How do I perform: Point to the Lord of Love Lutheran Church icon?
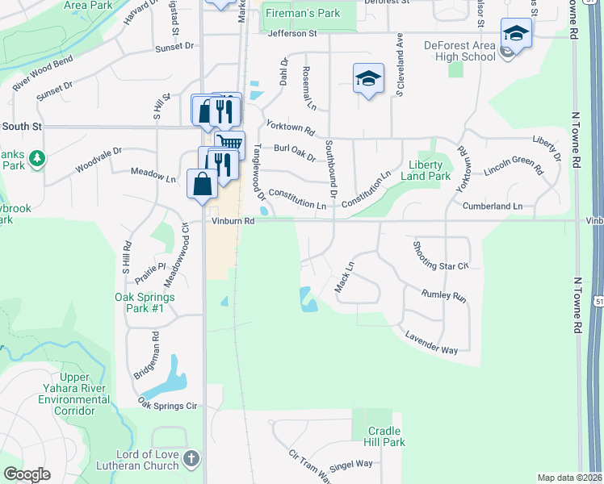191,459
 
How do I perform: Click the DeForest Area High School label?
459,51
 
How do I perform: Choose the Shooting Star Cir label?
440,256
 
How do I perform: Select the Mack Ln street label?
345,277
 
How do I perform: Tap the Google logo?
27,474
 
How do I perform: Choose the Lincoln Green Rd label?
513,166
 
